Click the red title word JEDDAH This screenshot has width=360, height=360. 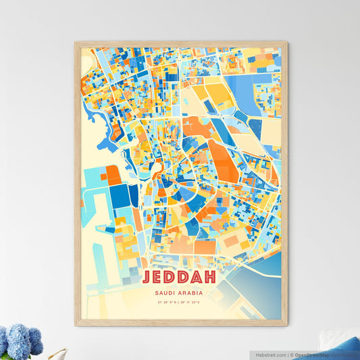pos(180,278)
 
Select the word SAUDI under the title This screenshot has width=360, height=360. pos(167,292)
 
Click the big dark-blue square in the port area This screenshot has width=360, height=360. pos(120,196)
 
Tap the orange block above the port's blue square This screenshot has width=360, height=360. pos(113,174)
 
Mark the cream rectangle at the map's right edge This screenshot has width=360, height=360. pos(271,131)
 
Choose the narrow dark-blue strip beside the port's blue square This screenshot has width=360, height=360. pos(134,195)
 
